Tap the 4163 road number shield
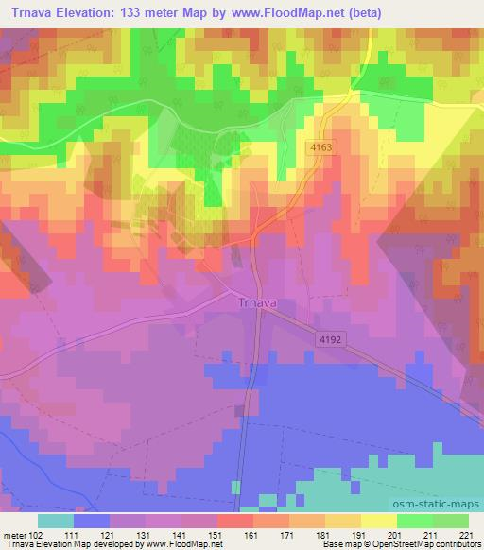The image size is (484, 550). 322,148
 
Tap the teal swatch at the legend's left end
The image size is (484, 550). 56,521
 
